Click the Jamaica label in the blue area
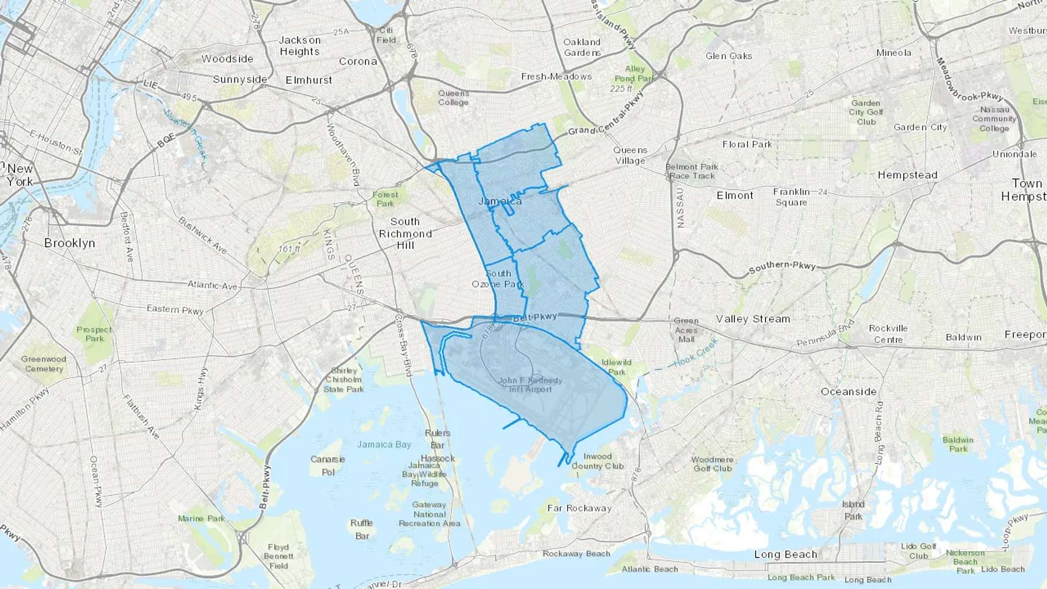click(500, 201)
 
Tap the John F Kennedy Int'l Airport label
click(530, 385)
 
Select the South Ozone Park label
click(498, 279)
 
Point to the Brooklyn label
click(70, 243)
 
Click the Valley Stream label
click(753, 319)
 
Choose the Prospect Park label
click(94, 334)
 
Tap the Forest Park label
click(385, 199)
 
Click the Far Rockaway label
click(579, 508)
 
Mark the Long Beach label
click(785, 554)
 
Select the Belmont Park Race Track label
click(692, 171)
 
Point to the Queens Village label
click(630, 155)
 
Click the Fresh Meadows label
click(556, 76)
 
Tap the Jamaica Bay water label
click(384, 444)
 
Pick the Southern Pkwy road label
click(782, 267)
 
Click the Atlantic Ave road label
click(212, 285)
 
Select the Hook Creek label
click(696, 354)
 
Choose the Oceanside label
click(848, 391)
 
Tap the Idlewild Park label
click(617, 367)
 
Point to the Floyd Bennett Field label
click(278, 556)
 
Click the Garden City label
click(920, 127)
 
